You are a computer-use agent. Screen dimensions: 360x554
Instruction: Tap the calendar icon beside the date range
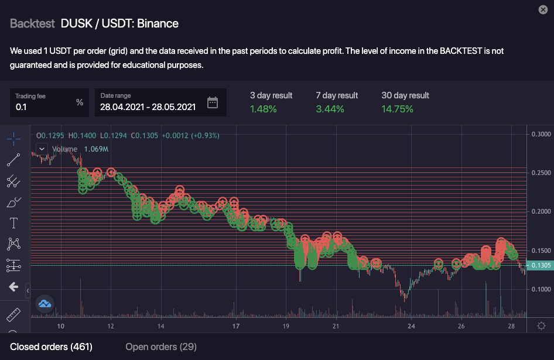[213, 103]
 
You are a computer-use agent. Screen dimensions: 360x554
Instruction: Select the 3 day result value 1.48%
[263, 109]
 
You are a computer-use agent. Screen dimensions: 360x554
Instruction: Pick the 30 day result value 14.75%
[398, 109]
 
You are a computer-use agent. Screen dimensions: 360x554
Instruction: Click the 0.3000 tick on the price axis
[541, 134]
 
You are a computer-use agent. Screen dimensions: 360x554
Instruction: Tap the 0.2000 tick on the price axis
[541, 211]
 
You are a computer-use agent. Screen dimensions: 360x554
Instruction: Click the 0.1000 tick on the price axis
[541, 289]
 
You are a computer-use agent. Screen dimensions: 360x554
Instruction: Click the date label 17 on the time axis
[236, 326]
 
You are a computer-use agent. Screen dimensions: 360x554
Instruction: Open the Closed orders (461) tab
[51, 347]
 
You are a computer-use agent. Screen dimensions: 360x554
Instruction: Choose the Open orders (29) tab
[161, 347]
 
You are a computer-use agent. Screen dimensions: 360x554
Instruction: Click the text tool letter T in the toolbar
[13, 223]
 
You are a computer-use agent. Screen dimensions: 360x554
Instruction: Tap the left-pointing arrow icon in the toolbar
[13, 287]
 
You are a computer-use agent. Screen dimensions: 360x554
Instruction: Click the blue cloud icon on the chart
[45, 303]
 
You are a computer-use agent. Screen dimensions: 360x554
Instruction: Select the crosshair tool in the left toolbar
[13, 139]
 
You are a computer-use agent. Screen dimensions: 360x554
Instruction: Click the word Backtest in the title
[32, 24]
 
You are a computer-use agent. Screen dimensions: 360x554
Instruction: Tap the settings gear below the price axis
[541, 326]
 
